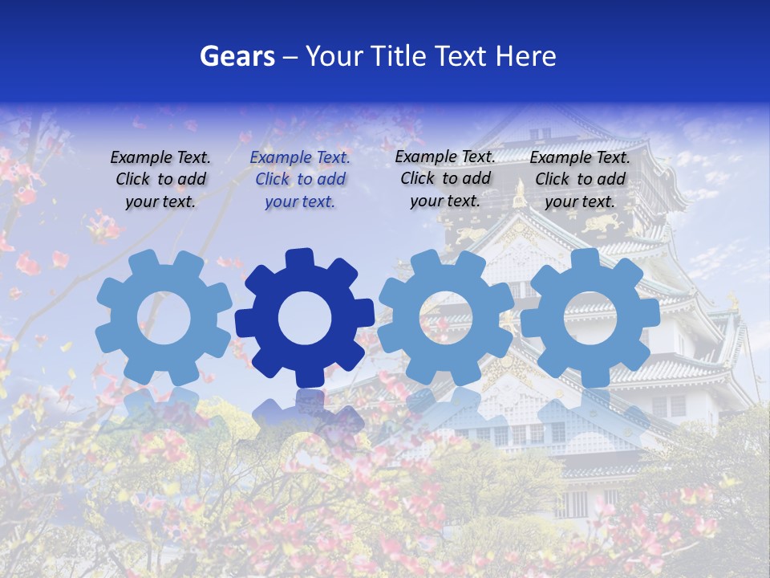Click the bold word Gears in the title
(237, 56)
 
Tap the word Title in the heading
(397, 56)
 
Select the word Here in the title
(525, 56)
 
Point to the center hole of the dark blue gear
(305, 318)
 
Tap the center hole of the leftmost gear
(164, 318)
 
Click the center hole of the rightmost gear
(590, 318)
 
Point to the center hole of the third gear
(446, 318)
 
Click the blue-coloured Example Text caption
(300, 180)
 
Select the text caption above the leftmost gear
(160, 180)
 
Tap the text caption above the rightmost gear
(580, 179)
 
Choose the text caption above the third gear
(445, 178)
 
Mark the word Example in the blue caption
(280, 158)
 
